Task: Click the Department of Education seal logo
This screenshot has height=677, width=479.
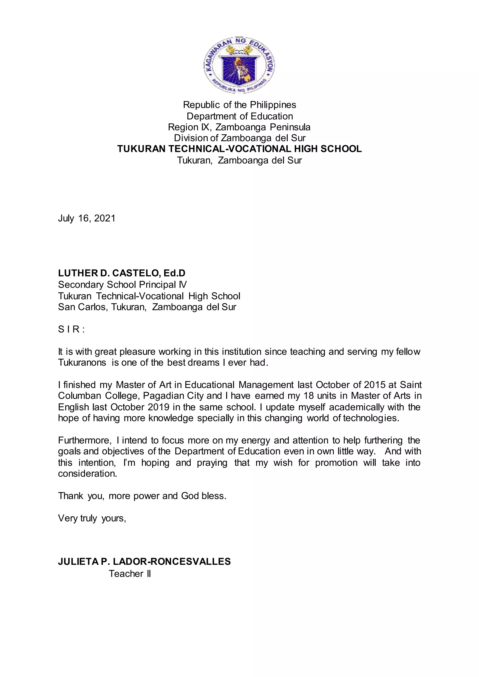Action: [x=239, y=65]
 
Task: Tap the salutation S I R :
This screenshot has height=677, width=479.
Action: [x=71, y=329]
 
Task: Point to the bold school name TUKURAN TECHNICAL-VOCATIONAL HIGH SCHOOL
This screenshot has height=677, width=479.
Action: [x=239, y=149]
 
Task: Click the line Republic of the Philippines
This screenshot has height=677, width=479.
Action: [x=239, y=105]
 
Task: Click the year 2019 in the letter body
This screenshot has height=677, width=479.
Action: [x=158, y=407]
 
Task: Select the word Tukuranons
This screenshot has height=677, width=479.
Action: [x=82, y=362]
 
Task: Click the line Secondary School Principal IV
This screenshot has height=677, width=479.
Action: [x=122, y=284]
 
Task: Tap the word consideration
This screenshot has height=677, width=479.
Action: [x=87, y=474]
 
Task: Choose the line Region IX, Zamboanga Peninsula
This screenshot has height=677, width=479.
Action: [x=239, y=127]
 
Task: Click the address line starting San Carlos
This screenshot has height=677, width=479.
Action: [x=147, y=307]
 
